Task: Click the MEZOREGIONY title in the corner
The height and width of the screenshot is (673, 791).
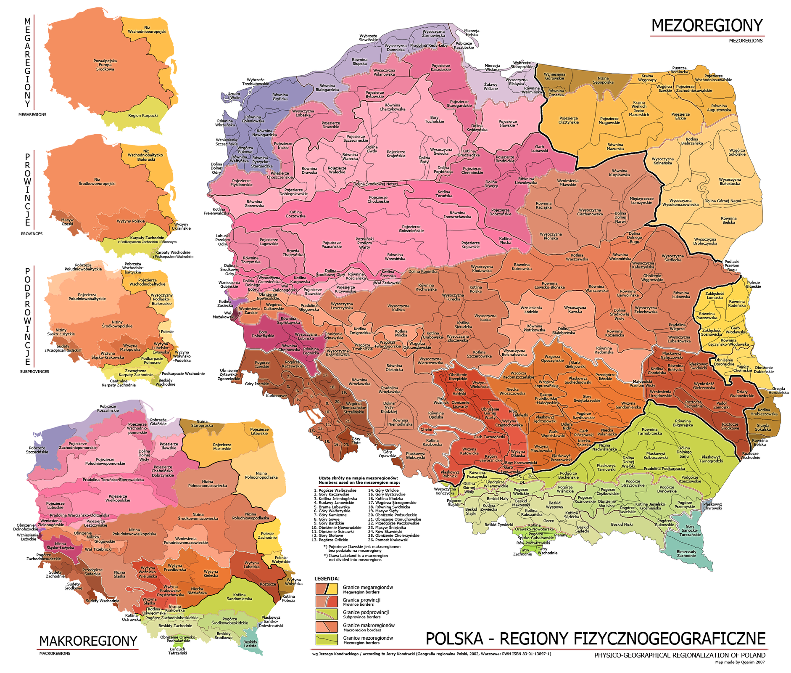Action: pyautogui.click(x=707, y=26)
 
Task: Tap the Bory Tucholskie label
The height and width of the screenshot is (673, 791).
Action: pyautogui.click(x=434, y=119)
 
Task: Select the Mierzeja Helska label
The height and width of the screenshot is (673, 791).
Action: pyautogui.click(x=472, y=33)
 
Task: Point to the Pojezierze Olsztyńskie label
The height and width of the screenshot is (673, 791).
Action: pyautogui.click(x=568, y=120)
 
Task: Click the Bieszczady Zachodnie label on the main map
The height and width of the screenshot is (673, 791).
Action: pyautogui.click(x=686, y=554)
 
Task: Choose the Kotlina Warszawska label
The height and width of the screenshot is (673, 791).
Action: pyautogui.click(x=577, y=257)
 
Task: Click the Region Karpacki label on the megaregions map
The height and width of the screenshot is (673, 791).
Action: pyautogui.click(x=143, y=115)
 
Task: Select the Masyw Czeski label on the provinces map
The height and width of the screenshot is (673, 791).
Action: pyautogui.click(x=67, y=222)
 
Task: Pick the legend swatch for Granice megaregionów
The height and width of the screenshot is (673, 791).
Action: pyautogui.click(x=327, y=588)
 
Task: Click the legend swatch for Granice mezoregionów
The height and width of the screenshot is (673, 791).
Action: pyautogui.click(x=327, y=640)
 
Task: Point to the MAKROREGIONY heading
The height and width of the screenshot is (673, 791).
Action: pyautogui.click(x=88, y=641)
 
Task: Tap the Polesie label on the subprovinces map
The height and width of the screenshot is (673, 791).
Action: pyautogui.click(x=167, y=331)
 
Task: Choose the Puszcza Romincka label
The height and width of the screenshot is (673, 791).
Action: pyautogui.click(x=679, y=69)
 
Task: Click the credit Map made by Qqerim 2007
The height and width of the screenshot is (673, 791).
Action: pyautogui.click(x=740, y=662)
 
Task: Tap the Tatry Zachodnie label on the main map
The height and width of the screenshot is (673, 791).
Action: pyautogui.click(x=523, y=552)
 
